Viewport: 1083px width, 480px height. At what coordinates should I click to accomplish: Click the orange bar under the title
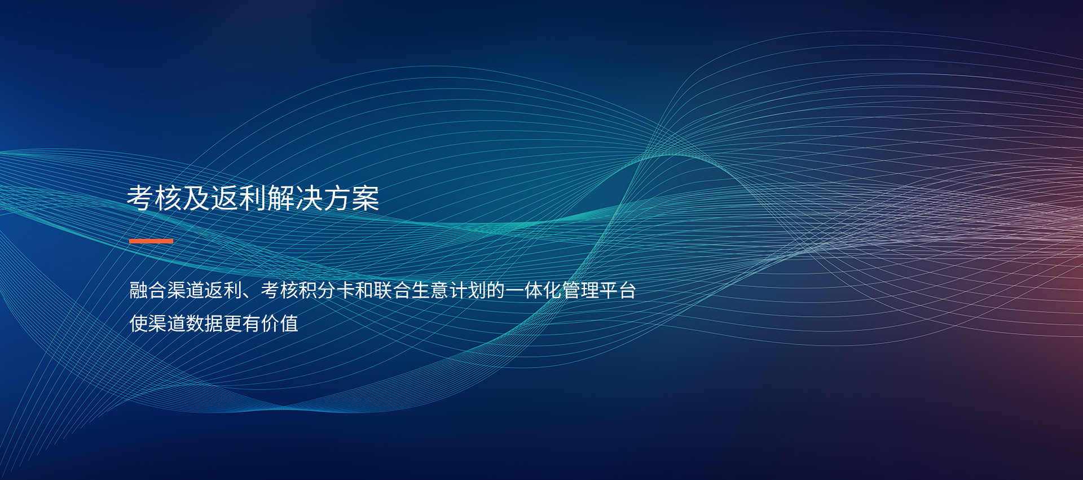pos(151,241)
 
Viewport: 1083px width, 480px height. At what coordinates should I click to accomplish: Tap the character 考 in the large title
pos(140,198)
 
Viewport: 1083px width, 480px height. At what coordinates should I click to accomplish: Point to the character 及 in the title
pos(196,198)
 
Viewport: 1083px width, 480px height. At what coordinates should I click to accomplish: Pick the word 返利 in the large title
pos(239,198)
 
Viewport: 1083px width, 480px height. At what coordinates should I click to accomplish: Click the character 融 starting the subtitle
pos(139,290)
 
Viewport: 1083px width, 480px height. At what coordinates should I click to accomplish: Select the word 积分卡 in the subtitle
pos(327,290)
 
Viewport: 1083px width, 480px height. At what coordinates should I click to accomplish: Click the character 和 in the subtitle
pos(364,290)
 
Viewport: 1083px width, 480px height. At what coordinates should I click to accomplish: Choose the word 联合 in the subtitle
pos(393,290)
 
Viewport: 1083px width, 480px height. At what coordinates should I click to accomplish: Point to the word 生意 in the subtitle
pos(430,290)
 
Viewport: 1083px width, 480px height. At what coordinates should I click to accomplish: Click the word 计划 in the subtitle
pos(468,290)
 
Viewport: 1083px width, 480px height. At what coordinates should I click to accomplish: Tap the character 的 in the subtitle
pos(496,290)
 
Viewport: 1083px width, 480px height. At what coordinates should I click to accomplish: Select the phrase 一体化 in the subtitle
pos(534,290)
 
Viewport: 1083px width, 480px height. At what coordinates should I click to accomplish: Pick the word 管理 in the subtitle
pos(580,290)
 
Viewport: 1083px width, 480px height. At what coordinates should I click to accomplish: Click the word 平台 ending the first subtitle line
pos(618,290)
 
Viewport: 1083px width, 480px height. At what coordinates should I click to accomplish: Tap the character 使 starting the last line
pos(139,324)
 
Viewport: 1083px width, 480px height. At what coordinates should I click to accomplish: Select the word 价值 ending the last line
pos(280,324)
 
